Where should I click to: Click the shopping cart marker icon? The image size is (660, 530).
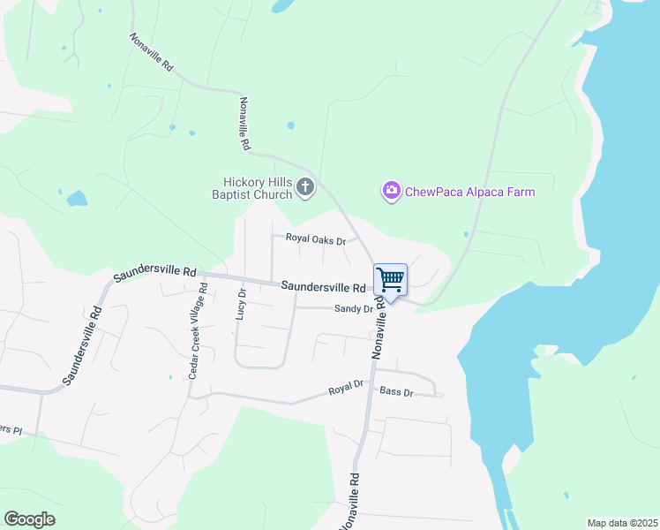(390, 281)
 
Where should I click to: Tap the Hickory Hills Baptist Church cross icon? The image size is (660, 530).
(305, 187)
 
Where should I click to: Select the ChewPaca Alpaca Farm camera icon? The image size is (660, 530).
(391, 191)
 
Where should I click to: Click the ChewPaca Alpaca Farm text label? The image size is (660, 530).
(469, 192)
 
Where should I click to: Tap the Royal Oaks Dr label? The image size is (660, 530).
(314, 238)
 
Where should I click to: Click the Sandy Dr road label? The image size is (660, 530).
(353, 309)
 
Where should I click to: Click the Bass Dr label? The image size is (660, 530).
(396, 391)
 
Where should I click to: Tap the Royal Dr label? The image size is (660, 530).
(346, 388)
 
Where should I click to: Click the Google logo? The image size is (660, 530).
(29, 519)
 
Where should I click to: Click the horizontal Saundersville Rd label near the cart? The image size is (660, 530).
(323, 287)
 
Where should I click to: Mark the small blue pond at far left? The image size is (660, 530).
(77, 198)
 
